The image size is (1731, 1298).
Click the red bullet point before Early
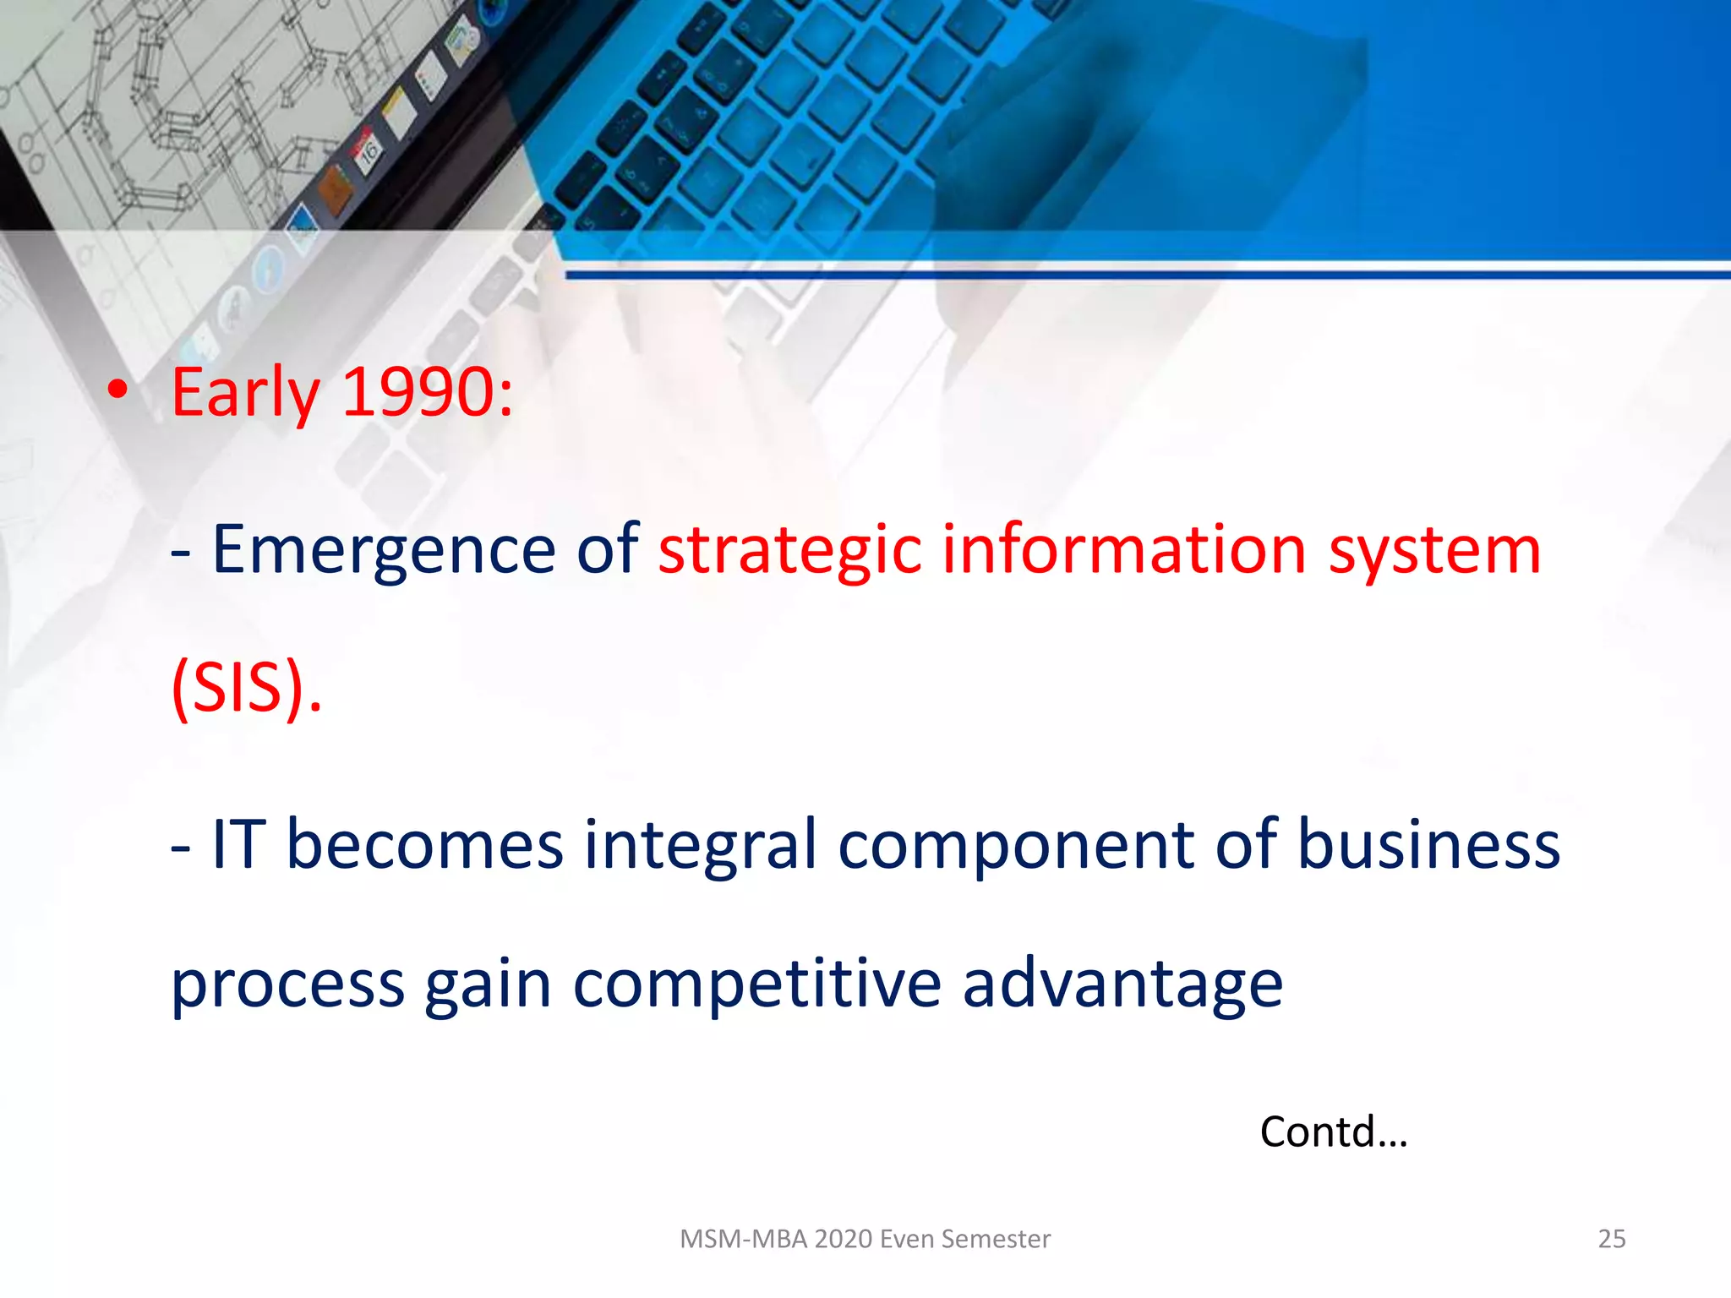click(118, 390)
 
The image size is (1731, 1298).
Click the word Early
click(245, 393)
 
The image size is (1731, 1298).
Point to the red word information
click(1124, 549)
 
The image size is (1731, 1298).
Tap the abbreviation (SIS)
click(246, 688)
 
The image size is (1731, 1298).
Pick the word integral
click(701, 845)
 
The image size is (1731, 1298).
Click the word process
click(287, 985)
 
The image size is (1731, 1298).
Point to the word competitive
click(756, 984)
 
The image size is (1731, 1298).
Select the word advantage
click(1122, 985)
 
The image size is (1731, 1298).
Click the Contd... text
click(1333, 1132)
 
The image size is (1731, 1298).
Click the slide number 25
click(1611, 1239)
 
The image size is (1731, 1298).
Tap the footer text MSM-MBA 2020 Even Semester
click(865, 1239)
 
